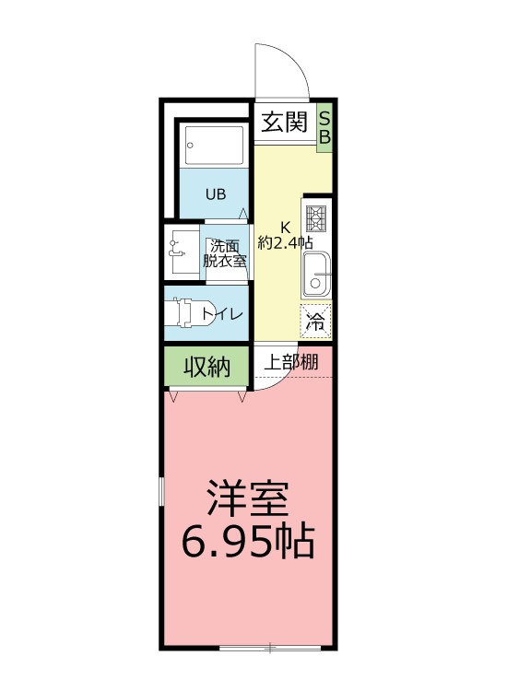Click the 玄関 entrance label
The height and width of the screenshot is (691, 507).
(282, 123)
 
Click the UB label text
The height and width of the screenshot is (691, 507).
(215, 194)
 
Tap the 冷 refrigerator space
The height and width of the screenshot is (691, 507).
(316, 322)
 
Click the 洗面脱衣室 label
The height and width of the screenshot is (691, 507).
(225, 252)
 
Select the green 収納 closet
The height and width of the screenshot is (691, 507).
(206, 367)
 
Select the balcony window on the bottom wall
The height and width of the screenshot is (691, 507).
(269, 646)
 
